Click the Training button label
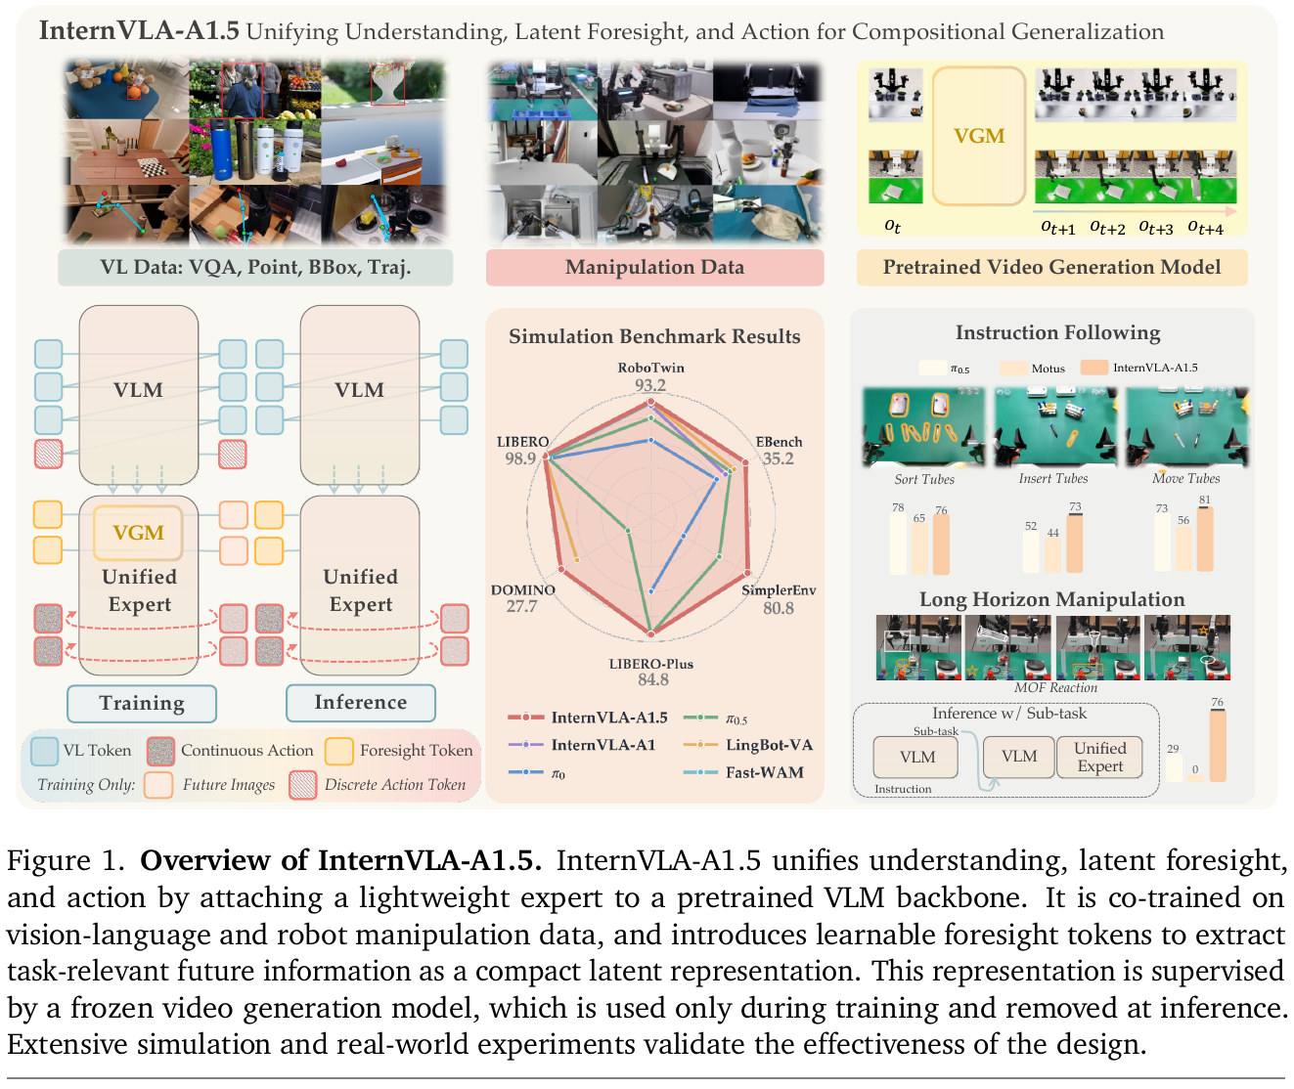[x=142, y=703]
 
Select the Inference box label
[x=361, y=702]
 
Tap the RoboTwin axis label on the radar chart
[x=650, y=368]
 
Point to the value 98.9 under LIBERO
[x=520, y=458]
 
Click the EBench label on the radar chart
[x=779, y=442]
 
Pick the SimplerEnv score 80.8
[x=779, y=608]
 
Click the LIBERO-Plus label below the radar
[x=650, y=664]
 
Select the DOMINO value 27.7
[x=522, y=606]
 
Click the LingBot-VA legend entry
[x=748, y=745]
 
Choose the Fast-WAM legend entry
[x=743, y=772]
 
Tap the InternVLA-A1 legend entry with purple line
[x=582, y=745]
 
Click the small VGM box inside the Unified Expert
[x=138, y=533]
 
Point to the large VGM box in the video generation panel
[x=978, y=136]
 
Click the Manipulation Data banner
[x=655, y=267]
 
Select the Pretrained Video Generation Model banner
[x=1051, y=267]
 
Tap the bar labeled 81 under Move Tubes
[x=1205, y=539]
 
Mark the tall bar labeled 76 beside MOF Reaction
[x=1218, y=745]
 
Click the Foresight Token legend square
[x=339, y=751]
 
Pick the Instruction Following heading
[x=1058, y=332]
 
